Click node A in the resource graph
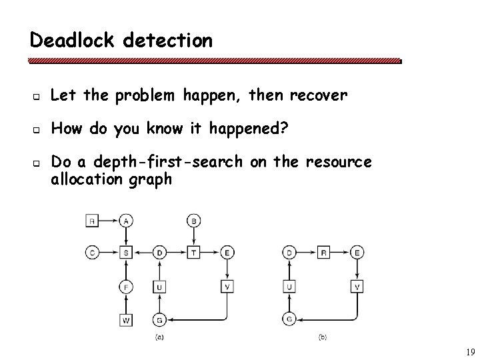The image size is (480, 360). [x=127, y=220]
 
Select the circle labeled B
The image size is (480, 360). [x=195, y=220]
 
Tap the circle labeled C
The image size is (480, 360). [x=92, y=252]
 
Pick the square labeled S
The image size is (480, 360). [x=127, y=252]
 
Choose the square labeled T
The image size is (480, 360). [x=195, y=252]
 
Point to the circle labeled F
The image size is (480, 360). [x=127, y=287]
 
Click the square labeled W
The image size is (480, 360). [x=127, y=320]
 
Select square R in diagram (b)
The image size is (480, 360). [x=324, y=252]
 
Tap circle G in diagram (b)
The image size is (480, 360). [x=290, y=319]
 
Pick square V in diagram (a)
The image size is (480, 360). [x=228, y=287]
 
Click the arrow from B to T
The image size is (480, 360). [x=195, y=236]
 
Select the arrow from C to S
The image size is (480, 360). [x=109, y=252]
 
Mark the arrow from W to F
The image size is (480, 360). [x=127, y=304]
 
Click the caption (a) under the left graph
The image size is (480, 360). [x=160, y=337]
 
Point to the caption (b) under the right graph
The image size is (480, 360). [x=323, y=337]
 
